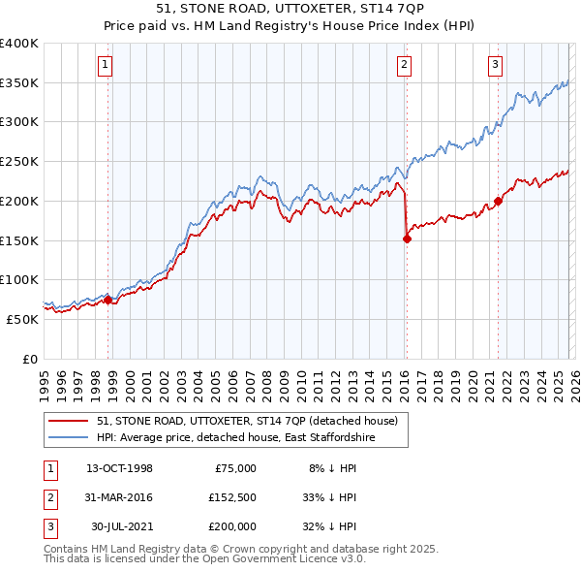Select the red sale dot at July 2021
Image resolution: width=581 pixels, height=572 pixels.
tap(499, 202)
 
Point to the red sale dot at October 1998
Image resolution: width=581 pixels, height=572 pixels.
tap(108, 300)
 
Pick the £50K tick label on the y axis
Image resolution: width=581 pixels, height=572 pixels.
tap(22, 319)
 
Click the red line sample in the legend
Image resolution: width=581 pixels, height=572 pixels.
tap(70, 420)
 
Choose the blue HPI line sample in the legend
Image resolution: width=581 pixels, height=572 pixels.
tap(70, 438)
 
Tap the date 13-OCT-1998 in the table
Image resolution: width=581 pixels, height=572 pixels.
tap(119, 467)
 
